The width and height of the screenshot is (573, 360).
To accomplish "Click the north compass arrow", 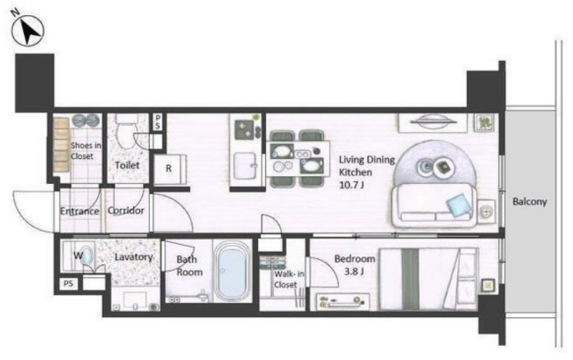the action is pos(29,31).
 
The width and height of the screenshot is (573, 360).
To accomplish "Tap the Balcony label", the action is pos(529,202).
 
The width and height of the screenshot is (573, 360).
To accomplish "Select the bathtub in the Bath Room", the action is pos(232,271).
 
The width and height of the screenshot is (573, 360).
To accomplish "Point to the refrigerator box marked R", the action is pos(170,169).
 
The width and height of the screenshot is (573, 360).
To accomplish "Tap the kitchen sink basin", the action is pos(245,165).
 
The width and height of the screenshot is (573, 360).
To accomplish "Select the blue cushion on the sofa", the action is pos(458,205).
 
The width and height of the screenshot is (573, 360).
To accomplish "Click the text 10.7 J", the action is pos(352,185).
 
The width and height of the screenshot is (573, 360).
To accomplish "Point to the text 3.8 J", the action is pos(354,272).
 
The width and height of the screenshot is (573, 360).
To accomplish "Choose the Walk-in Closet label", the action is pos(288,279).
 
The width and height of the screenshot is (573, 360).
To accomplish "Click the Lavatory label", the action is pos(133,257).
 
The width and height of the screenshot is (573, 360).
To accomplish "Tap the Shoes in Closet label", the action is pos(86,151).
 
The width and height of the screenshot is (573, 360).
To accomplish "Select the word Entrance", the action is pos(79,211).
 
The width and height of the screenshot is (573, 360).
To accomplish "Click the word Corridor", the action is pos(126,211).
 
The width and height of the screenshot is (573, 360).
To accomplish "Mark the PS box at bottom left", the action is pos(69,284).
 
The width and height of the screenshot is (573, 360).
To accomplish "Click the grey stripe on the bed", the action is pos(410,279).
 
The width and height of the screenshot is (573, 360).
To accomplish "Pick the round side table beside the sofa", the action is pos(486,211).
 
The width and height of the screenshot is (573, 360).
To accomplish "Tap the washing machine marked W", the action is pos(79,255).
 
